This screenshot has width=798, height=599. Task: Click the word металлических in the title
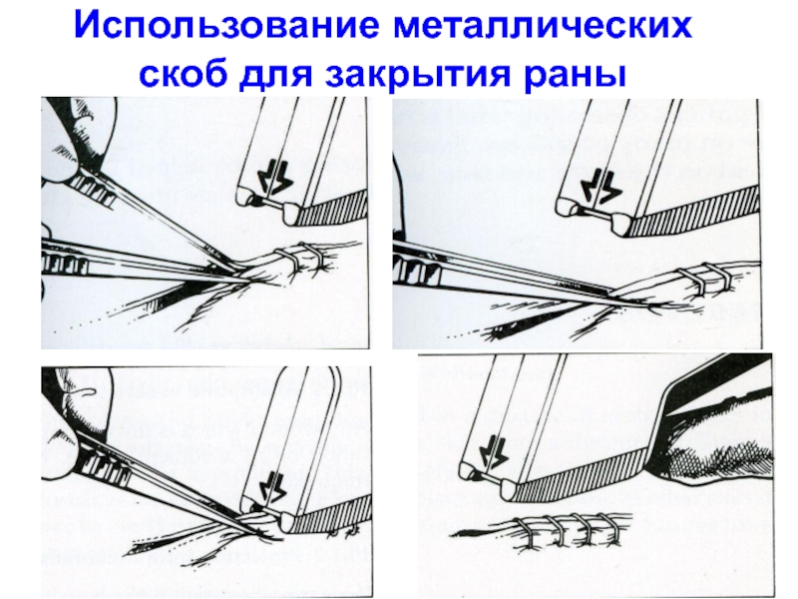click(543, 26)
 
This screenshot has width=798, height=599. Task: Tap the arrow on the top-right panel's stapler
click(603, 187)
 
